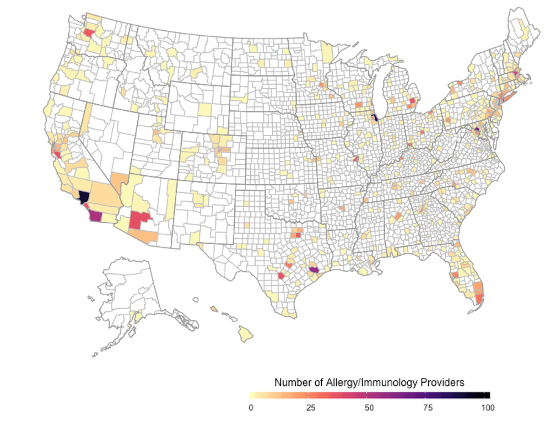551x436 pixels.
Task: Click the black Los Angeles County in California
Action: point(84,197)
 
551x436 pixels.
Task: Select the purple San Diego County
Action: point(96,216)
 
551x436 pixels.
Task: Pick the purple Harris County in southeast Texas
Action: point(314,270)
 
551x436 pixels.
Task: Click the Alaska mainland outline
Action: point(127,287)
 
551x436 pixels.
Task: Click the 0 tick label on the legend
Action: point(251,407)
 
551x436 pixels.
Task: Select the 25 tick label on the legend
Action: point(310,407)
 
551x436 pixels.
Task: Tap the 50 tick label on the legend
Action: point(369,407)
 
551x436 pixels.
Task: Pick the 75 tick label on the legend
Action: point(428,407)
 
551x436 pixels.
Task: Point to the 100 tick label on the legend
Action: point(487,407)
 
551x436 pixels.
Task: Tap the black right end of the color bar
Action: point(487,395)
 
